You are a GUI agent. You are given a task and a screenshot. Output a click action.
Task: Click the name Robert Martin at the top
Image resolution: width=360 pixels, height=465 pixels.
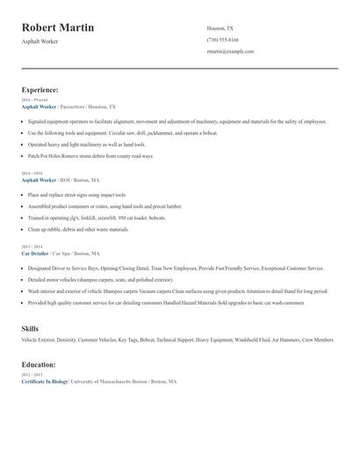click(58, 27)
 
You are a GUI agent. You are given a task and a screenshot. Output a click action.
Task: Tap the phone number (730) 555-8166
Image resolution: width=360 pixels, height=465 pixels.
click(224, 39)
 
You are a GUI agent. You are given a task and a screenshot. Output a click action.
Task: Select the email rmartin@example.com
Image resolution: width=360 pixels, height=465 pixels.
click(230, 52)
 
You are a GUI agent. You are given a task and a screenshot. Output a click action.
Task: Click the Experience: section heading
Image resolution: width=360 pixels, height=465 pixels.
click(40, 89)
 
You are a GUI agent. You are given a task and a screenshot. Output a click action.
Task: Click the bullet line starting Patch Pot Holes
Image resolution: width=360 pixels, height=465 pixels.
click(90, 155)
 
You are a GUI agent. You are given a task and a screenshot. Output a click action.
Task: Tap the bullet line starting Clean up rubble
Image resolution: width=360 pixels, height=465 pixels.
click(78, 229)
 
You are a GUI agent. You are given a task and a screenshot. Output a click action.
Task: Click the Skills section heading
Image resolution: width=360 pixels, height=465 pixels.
click(30, 327)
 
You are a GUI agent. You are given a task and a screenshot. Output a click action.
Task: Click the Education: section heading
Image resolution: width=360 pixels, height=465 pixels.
click(40, 364)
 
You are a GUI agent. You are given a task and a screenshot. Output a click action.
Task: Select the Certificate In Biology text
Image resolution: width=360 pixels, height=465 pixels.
click(44, 383)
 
